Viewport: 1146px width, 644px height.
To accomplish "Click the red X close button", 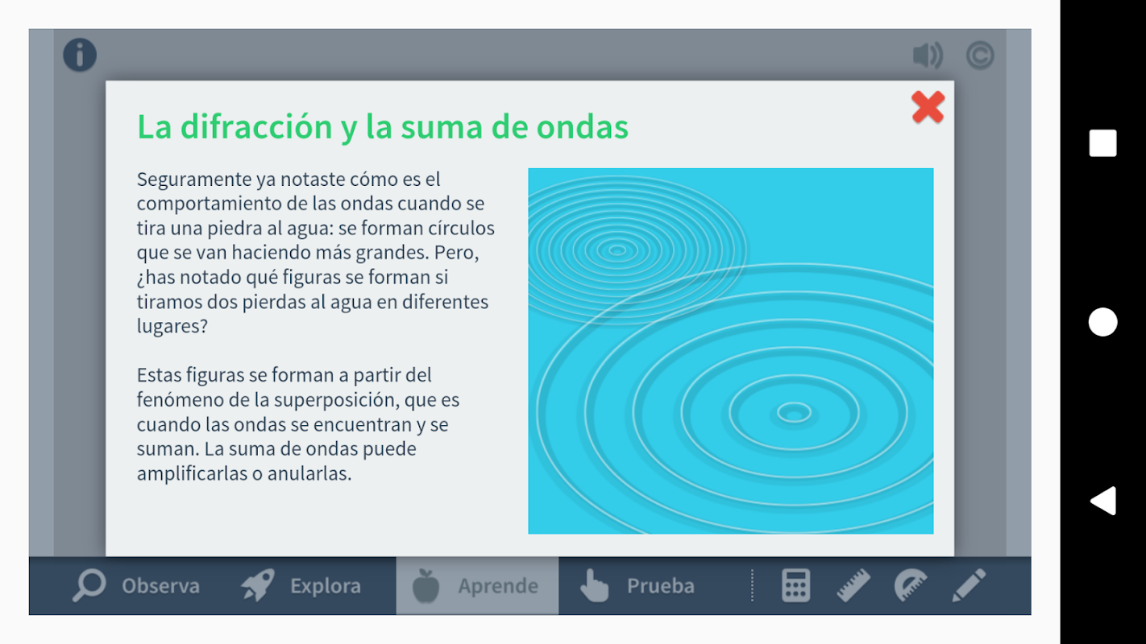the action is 928,107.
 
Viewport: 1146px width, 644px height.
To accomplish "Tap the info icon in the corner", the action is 80,55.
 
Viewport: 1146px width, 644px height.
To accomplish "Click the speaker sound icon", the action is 928,56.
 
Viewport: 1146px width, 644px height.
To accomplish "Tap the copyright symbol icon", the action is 980,56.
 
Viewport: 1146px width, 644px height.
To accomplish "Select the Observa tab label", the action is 160,586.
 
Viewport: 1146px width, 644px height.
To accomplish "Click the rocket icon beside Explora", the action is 259,584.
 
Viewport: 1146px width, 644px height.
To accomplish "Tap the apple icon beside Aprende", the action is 426,586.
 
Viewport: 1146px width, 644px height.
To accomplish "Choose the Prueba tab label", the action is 661,586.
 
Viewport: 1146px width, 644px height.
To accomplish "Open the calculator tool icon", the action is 796,585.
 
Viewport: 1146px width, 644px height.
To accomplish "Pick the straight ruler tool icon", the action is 853,585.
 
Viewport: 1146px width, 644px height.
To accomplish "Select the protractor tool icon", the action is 911,585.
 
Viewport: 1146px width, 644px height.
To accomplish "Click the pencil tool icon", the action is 969,585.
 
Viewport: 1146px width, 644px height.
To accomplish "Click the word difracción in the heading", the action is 256,126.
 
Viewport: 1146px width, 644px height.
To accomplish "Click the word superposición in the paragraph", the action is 337,400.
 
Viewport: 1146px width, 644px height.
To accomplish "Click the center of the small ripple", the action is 617,250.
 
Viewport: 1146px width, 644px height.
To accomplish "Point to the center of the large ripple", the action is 794,412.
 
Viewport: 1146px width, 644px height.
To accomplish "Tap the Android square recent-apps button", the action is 1102,143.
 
